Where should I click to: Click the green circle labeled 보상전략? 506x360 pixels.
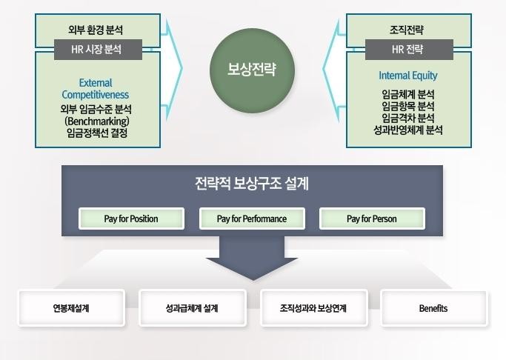click(x=252, y=70)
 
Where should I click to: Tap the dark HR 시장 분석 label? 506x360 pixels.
click(x=98, y=50)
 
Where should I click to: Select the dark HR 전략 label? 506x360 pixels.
click(x=409, y=50)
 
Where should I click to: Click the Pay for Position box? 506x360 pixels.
click(x=131, y=219)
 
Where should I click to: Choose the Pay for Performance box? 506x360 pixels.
click(x=252, y=219)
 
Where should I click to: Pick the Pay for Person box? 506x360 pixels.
click(x=372, y=219)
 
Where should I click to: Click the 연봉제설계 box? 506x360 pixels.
click(x=71, y=308)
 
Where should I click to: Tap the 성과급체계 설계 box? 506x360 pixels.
click(x=193, y=308)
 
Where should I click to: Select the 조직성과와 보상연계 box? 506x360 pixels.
click(x=313, y=308)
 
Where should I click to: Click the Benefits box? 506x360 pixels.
click(x=434, y=308)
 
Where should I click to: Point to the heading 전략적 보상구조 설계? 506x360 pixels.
click(x=252, y=184)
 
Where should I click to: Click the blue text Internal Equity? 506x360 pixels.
click(x=408, y=76)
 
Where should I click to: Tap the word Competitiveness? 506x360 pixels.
click(x=96, y=95)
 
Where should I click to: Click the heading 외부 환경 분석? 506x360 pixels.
click(x=96, y=30)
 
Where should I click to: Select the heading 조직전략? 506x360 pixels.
click(x=407, y=30)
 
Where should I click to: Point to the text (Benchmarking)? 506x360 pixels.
click(x=97, y=121)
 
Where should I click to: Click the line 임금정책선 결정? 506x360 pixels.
click(x=97, y=133)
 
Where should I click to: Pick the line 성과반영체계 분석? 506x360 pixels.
click(x=408, y=130)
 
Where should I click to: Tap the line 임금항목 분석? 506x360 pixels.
click(x=408, y=107)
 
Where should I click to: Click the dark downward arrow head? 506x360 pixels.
click(x=252, y=268)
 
